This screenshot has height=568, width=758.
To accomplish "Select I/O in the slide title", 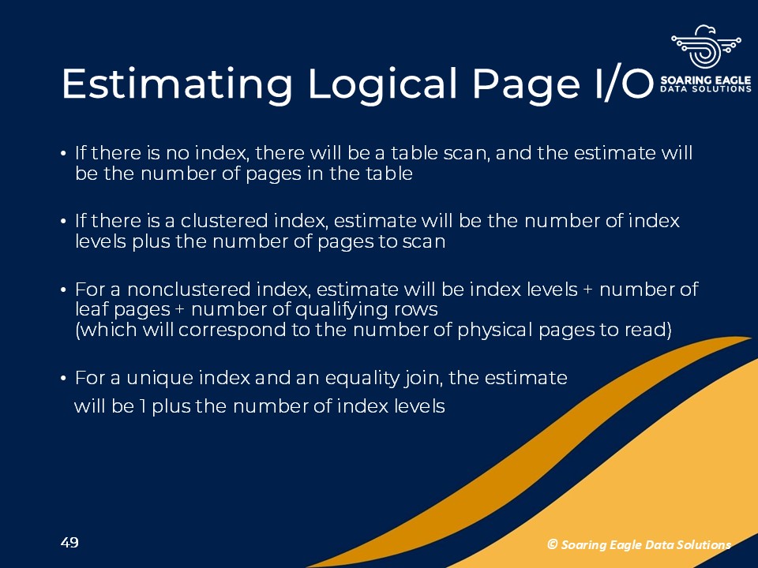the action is click(624, 84).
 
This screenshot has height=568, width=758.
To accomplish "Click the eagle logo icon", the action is click(706, 47).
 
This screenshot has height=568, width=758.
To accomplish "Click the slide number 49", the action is click(69, 543).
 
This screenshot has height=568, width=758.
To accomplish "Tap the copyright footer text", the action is click(639, 545).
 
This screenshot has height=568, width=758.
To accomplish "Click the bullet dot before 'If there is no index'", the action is click(63, 154).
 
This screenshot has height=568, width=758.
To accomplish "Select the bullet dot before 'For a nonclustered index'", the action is click(63, 290).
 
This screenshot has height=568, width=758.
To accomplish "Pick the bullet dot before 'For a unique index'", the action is click(63, 378).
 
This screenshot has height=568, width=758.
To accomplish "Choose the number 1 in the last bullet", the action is click(143, 406).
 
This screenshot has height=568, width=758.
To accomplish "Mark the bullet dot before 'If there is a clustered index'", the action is click(63, 222).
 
